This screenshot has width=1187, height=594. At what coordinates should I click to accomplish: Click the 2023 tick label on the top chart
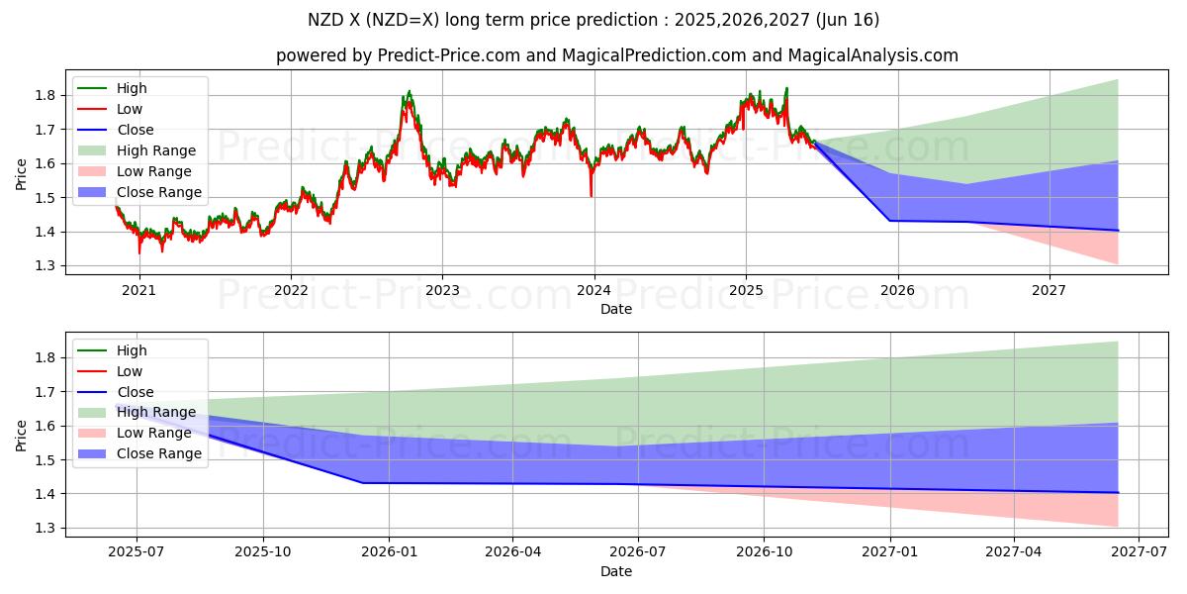[x=442, y=290]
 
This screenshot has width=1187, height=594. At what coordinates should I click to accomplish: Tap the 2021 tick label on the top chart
[x=138, y=290]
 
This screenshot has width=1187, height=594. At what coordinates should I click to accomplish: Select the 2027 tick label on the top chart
[x=1049, y=290]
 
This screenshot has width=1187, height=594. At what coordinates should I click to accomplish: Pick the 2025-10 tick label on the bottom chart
[x=263, y=552]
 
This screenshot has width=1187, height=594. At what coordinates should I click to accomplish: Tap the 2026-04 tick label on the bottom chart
[x=512, y=552]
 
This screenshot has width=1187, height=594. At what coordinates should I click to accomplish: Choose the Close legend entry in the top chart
[x=135, y=130]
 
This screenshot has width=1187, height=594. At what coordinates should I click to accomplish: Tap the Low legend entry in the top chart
[x=130, y=109]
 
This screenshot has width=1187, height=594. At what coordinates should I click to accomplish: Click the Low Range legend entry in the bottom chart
[x=153, y=433]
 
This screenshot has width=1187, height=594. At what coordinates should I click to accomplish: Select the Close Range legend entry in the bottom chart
[x=158, y=453]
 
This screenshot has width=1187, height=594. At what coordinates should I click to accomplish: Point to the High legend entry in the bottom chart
[x=132, y=350]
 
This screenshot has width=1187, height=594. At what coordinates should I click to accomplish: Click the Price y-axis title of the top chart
[x=22, y=174]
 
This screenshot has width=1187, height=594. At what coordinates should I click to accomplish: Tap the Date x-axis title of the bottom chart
[x=615, y=571]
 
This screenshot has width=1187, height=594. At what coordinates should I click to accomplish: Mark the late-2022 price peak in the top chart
[x=409, y=92]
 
